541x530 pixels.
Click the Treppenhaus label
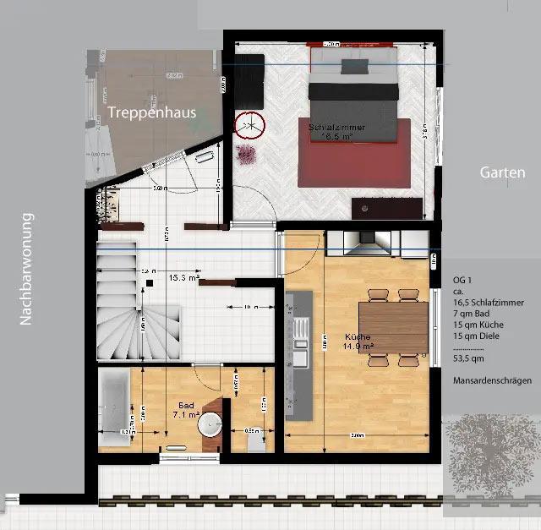(x=152, y=112)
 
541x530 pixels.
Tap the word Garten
(x=502, y=172)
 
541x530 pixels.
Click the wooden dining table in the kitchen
(x=395, y=328)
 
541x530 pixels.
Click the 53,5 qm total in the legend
(x=470, y=358)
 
